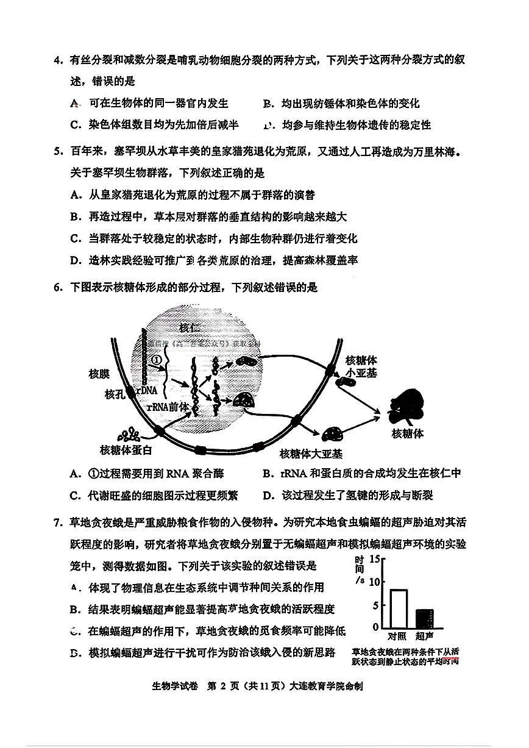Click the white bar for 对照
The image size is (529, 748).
(399, 608)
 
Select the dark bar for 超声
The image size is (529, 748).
(425, 618)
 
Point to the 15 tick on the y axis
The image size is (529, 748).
(375, 559)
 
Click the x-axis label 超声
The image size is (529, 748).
(425, 636)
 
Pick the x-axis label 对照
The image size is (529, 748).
(399, 636)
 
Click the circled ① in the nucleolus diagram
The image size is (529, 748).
(157, 360)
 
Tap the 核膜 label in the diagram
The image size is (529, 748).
(99, 374)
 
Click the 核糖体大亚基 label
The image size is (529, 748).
(311, 454)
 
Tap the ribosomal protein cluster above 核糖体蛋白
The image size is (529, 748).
(129, 435)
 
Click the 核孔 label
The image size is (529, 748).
(114, 394)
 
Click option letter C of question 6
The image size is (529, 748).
(76, 495)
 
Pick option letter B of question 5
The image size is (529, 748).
(76, 216)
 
